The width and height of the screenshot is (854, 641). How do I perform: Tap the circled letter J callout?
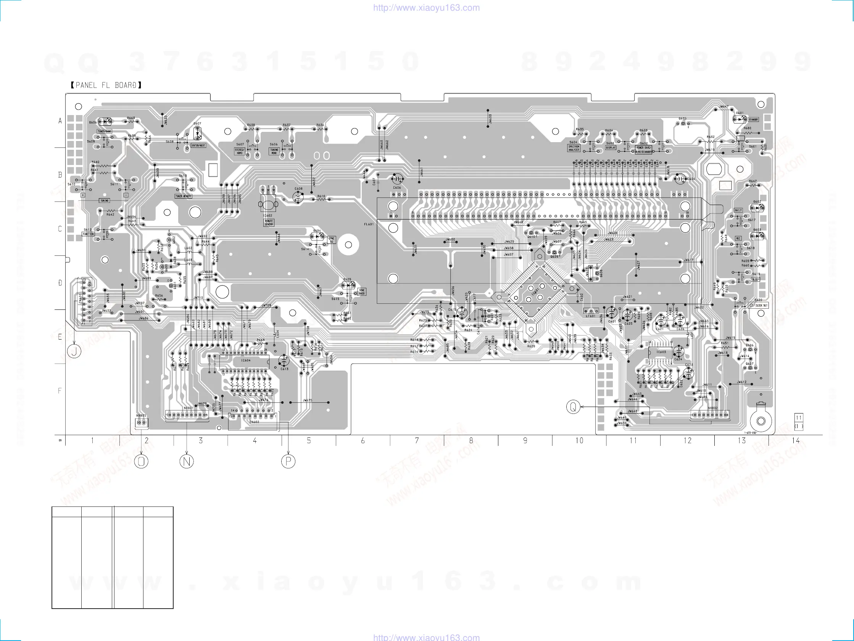(x=74, y=351)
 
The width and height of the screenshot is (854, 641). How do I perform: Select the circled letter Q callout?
(x=573, y=407)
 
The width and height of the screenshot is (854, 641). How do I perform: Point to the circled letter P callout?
(x=288, y=461)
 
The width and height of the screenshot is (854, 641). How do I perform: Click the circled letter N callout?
(x=187, y=461)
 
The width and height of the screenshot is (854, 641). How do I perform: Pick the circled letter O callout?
(x=141, y=461)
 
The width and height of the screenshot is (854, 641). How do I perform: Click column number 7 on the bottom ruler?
(x=417, y=441)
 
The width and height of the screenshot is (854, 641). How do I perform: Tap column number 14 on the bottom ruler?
(x=796, y=441)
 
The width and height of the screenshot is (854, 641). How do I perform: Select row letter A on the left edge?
(x=60, y=121)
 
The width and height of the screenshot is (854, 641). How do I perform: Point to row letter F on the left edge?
(x=60, y=391)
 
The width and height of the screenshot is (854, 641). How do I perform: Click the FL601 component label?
(x=369, y=224)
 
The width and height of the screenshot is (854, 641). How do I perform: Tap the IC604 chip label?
(x=246, y=361)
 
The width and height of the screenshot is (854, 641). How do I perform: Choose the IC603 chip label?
(x=661, y=352)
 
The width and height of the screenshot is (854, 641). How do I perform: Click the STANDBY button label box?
(x=753, y=120)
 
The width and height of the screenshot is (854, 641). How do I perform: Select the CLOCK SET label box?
(x=759, y=306)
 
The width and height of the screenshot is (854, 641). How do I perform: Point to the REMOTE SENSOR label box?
(x=269, y=223)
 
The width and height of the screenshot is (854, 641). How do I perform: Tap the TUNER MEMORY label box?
(x=184, y=196)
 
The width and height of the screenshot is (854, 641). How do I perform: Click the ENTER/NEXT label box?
(x=198, y=146)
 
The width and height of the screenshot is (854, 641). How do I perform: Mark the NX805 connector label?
(x=141, y=416)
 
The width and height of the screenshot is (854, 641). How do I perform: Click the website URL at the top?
(x=427, y=8)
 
